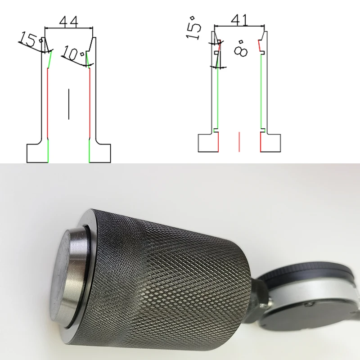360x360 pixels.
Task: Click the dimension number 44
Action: (x=69, y=22)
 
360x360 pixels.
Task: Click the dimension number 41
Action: (x=239, y=20)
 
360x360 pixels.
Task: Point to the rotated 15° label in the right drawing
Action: (x=193, y=28)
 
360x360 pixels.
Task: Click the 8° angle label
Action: (x=241, y=49)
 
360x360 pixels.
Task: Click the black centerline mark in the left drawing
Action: (x=69, y=104)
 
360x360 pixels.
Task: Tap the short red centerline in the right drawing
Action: (x=239, y=142)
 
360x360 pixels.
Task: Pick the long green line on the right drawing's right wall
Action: (x=261, y=91)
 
